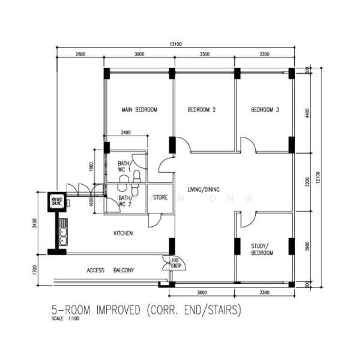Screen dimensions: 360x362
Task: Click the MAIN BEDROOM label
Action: click(139, 110)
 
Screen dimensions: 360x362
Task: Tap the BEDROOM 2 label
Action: click(202, 110)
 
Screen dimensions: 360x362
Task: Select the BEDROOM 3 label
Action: click(265, 110)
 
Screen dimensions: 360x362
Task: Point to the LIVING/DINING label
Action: click(204, 190)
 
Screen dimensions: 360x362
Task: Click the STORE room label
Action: click(160, 197)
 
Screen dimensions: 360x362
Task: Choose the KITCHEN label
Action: click(123, 233)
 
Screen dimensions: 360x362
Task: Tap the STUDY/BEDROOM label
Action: click(262, 249)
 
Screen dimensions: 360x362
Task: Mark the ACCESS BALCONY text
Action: click(110, 271)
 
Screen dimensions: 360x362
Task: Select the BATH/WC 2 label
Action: click(124, 201)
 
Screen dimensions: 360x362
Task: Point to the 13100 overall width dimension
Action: click(175, 44)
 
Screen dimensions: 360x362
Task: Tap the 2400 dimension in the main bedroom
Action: click(125, 133)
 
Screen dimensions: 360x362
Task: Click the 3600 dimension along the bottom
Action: click(202, 292)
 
